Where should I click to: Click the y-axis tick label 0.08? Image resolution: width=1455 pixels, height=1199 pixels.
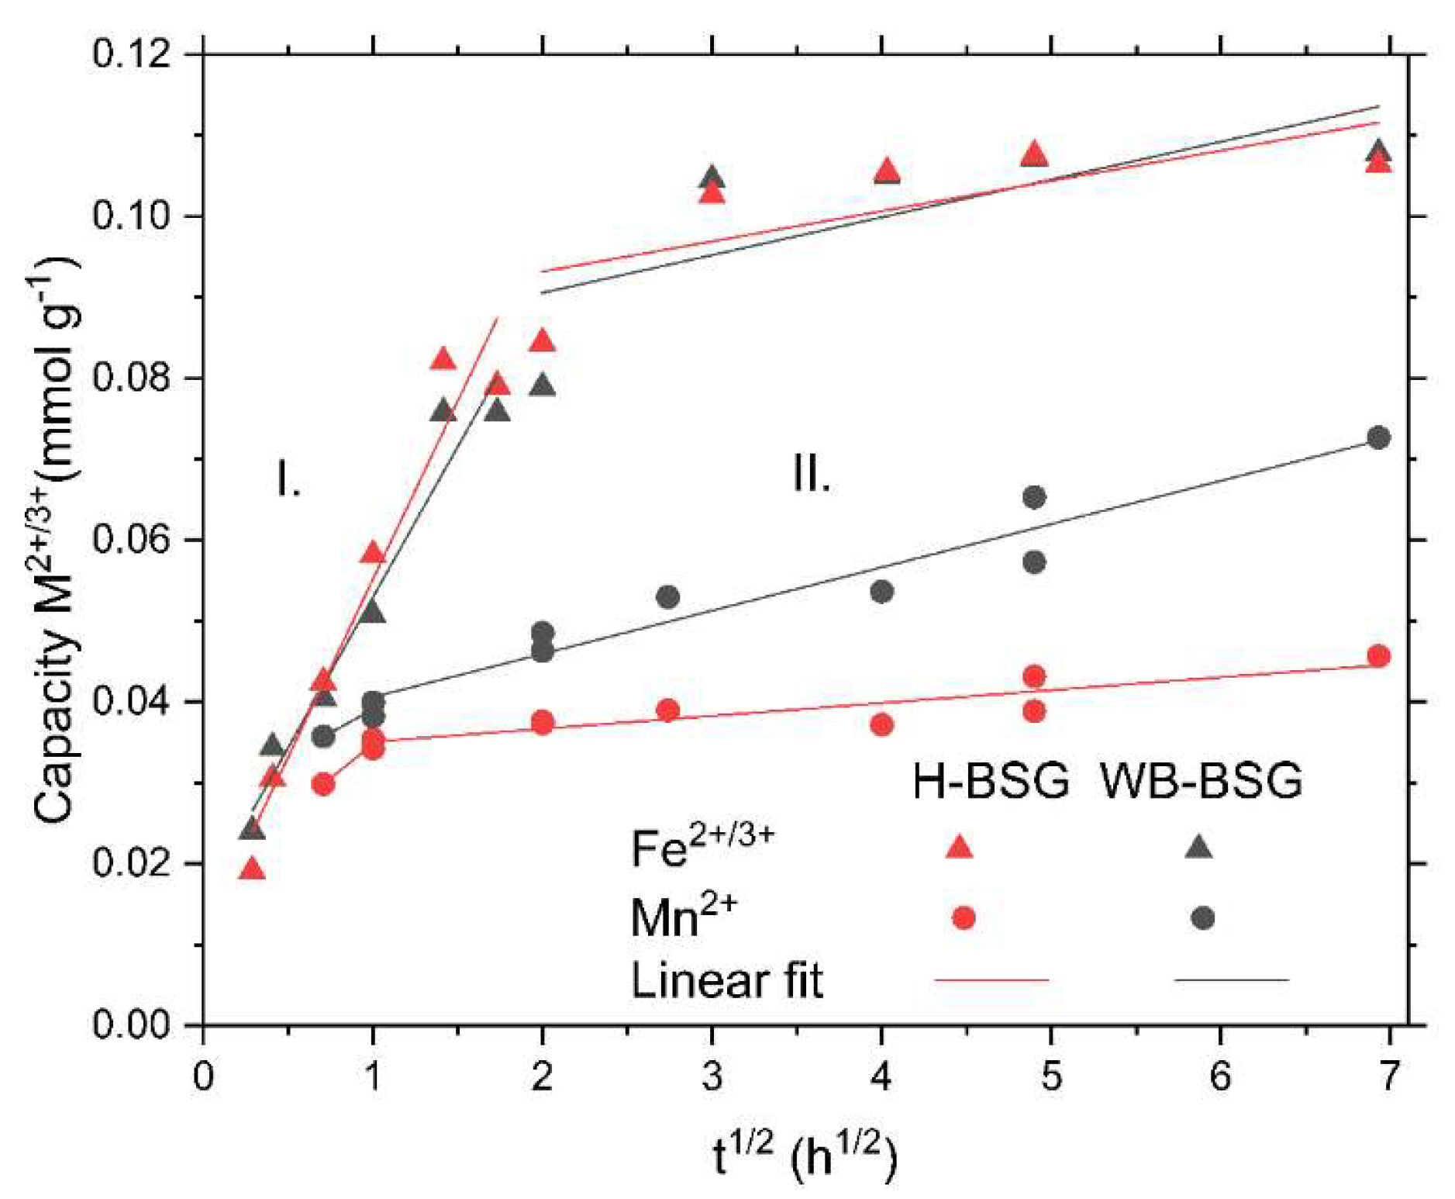point(130,378)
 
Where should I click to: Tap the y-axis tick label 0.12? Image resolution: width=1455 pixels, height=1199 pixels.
point(130,55)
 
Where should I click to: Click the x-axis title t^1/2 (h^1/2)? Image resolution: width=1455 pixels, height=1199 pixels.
point(804,1156)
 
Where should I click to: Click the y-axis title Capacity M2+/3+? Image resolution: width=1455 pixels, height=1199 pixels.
point(58,543)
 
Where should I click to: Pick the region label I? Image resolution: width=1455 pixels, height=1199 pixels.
point(288,479)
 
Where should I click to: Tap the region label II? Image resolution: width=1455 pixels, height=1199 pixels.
point(811,474)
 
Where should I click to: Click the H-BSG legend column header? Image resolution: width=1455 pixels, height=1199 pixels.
point(990,780)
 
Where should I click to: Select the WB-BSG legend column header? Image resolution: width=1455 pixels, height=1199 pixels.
point(1201,780)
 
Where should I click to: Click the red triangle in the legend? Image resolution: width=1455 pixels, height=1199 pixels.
point(960,847)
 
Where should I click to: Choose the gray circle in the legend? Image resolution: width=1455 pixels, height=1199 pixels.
point(1202,918)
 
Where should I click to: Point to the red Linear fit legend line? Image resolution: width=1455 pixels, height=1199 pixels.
point(991,980)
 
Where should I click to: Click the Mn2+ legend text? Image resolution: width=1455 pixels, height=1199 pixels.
point(683,917)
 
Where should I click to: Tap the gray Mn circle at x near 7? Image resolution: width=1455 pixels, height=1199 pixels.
point(1377,437)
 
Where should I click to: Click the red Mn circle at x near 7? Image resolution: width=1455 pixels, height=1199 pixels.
point(1378,656)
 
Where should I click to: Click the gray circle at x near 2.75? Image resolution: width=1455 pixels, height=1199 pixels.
point(667,597)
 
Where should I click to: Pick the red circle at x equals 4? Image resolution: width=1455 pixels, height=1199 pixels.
point(881,725)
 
